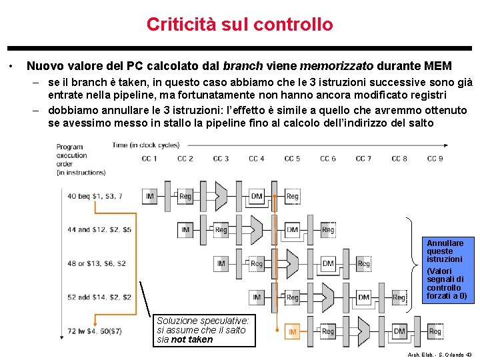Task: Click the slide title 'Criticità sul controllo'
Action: point(239,25)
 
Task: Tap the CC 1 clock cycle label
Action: point(149,159)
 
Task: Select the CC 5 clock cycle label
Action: point(292,159)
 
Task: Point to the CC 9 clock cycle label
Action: point(435,159)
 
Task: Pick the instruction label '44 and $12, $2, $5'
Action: point(99,230)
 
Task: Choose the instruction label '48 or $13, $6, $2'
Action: point(97,263)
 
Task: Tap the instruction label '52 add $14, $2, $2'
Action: point(99,297)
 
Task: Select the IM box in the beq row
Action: point(150,196)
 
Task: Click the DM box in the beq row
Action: point(257,196)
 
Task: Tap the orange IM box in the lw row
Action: point(292,331)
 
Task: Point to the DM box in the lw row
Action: point(399,331)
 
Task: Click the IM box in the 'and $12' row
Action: point(185,230)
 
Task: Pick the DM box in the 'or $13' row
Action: point(328,264)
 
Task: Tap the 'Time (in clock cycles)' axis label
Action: point(146,145)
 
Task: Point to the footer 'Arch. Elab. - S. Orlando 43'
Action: point(441,354)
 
